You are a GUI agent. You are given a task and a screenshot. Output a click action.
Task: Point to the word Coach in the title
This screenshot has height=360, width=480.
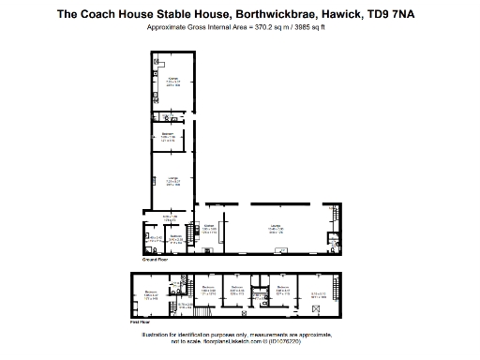coord(108,14)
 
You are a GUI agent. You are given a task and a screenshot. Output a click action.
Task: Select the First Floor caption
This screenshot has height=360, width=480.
coord(141,322)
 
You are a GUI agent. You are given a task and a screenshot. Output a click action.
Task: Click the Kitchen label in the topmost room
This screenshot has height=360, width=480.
coord(172,80)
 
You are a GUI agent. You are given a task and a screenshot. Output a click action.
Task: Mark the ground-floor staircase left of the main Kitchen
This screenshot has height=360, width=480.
coord(194,233)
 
